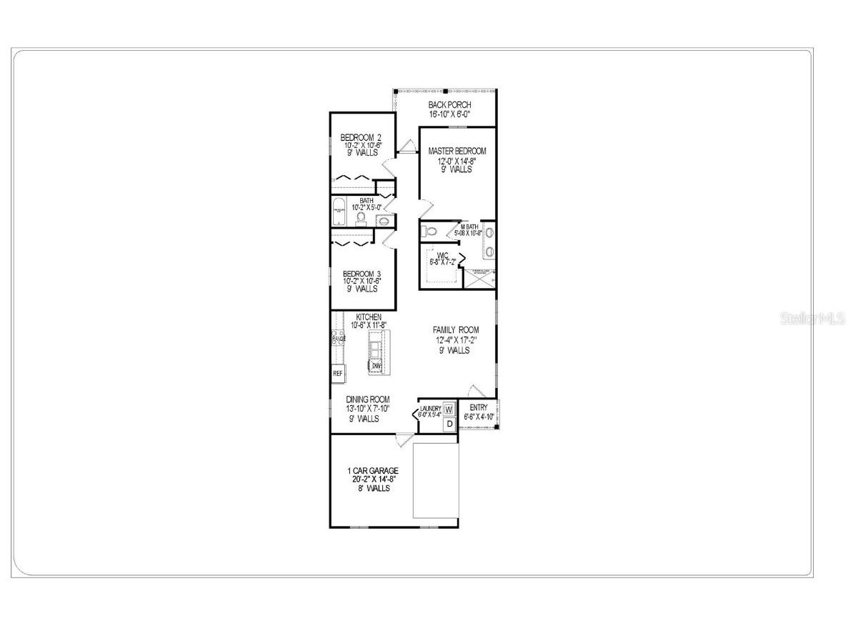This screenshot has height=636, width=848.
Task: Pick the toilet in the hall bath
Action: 361,217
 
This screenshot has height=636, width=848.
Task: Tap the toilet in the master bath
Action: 430,231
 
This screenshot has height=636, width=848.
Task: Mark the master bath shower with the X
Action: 479,279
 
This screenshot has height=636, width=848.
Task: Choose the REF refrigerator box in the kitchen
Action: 338,372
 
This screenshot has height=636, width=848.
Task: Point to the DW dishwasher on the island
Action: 376,366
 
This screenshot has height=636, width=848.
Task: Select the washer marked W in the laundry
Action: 449,409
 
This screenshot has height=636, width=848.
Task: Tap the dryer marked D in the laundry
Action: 449,424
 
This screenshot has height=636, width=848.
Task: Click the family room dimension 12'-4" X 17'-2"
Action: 456,340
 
